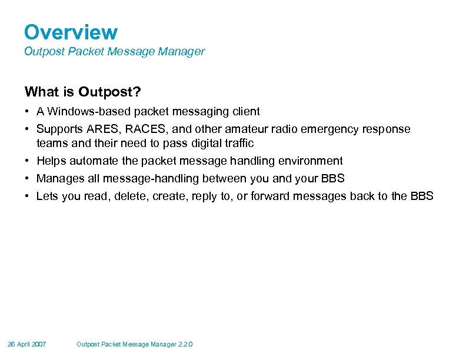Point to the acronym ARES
[95, 129]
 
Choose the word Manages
[57, 179]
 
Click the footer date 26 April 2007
[27, 344]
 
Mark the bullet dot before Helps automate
[28, 161]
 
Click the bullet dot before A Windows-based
[28, 112]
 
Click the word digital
[201, 144]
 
